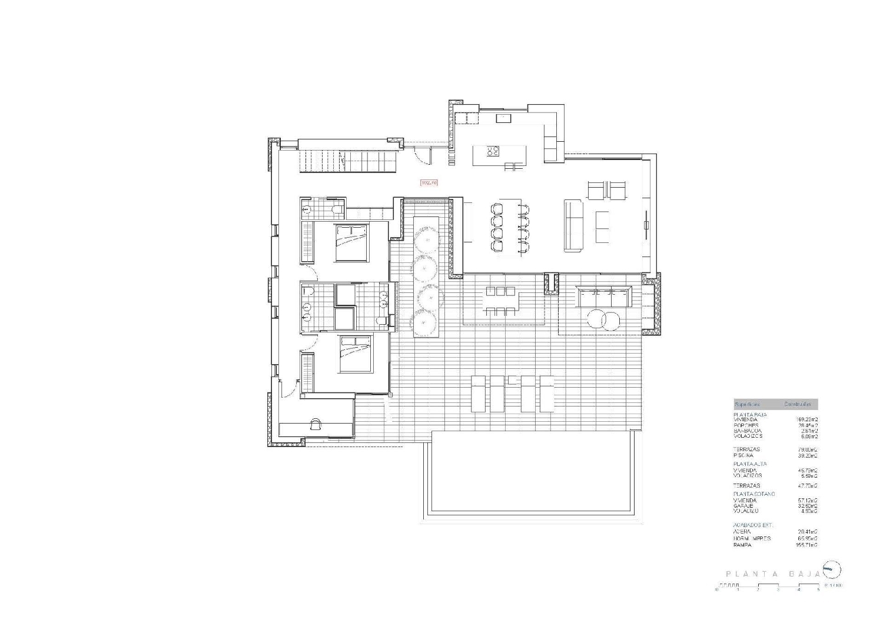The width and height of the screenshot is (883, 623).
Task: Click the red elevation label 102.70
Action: tap(429, 183)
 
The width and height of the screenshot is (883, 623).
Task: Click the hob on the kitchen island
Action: tap(493, 151)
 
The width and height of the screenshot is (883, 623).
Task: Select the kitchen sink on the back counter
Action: tap(504, 118)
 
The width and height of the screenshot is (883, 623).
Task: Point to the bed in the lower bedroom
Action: tap(356, 354)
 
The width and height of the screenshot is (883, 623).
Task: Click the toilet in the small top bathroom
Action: tap(336, 209)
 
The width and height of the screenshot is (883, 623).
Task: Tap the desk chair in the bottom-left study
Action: tap(316, 424)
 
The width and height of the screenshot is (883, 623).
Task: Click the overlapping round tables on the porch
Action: tap(603, 320)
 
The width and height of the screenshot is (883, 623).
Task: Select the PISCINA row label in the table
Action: tap(743, 455)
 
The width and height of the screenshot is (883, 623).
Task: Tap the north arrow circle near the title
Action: tap(831, 569)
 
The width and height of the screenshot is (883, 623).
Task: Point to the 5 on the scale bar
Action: tap(818, 590)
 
